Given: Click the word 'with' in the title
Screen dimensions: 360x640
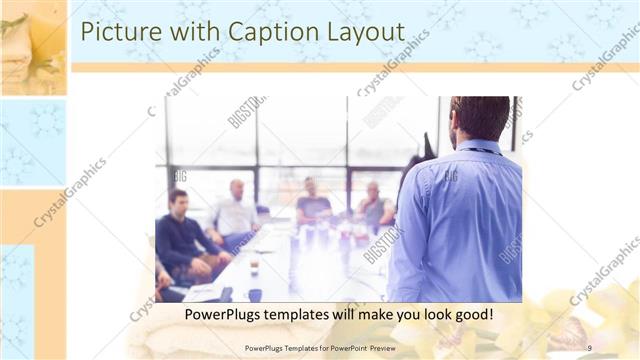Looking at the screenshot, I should (191, 31).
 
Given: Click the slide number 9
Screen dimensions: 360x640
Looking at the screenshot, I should (589, 347).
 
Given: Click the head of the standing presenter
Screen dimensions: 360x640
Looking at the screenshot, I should (479, 118).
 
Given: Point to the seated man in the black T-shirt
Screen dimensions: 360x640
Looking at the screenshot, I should (313, 203).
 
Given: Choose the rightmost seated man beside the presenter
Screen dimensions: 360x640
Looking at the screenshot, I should (375, 206).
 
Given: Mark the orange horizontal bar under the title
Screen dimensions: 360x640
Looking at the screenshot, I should (350, 68).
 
